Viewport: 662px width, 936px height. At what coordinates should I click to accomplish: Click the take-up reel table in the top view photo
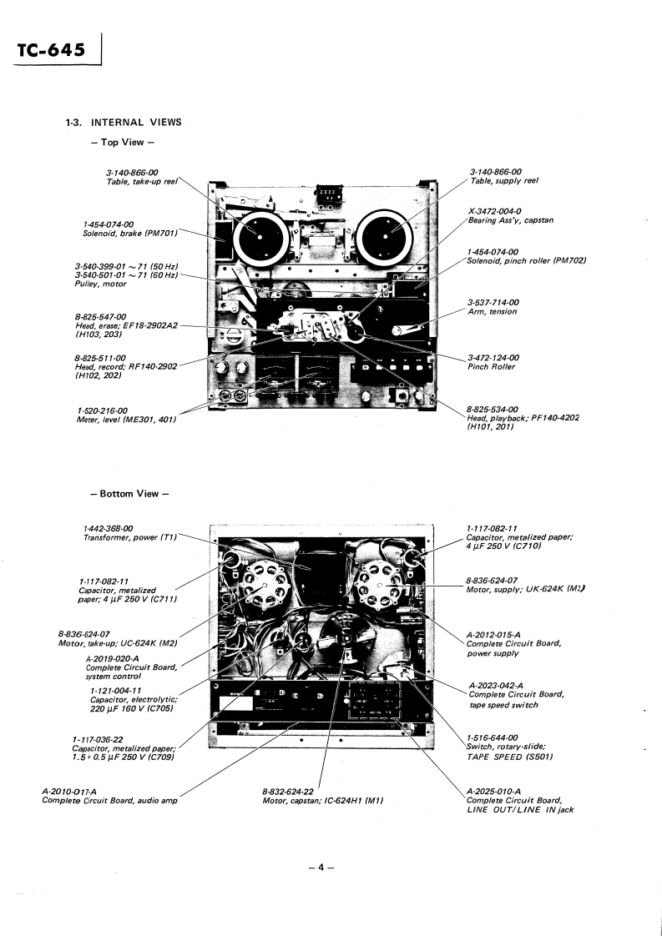[x=260, y=234]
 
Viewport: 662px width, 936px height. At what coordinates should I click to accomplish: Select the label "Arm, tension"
[x=493, y=312]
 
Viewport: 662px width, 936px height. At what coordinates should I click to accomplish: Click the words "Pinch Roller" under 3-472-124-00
[x=492, y=367]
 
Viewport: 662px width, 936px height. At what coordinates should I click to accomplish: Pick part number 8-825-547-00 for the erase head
[x=100, y=317]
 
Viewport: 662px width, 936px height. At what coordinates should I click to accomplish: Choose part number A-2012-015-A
[x=498, y=634]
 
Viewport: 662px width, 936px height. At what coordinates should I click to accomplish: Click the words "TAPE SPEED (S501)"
[x=509, y=757]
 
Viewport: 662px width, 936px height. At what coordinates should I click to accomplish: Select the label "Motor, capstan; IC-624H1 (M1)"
[x=324, y=801]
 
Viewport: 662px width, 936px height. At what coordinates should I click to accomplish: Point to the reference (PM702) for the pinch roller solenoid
[x=569, y=261]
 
